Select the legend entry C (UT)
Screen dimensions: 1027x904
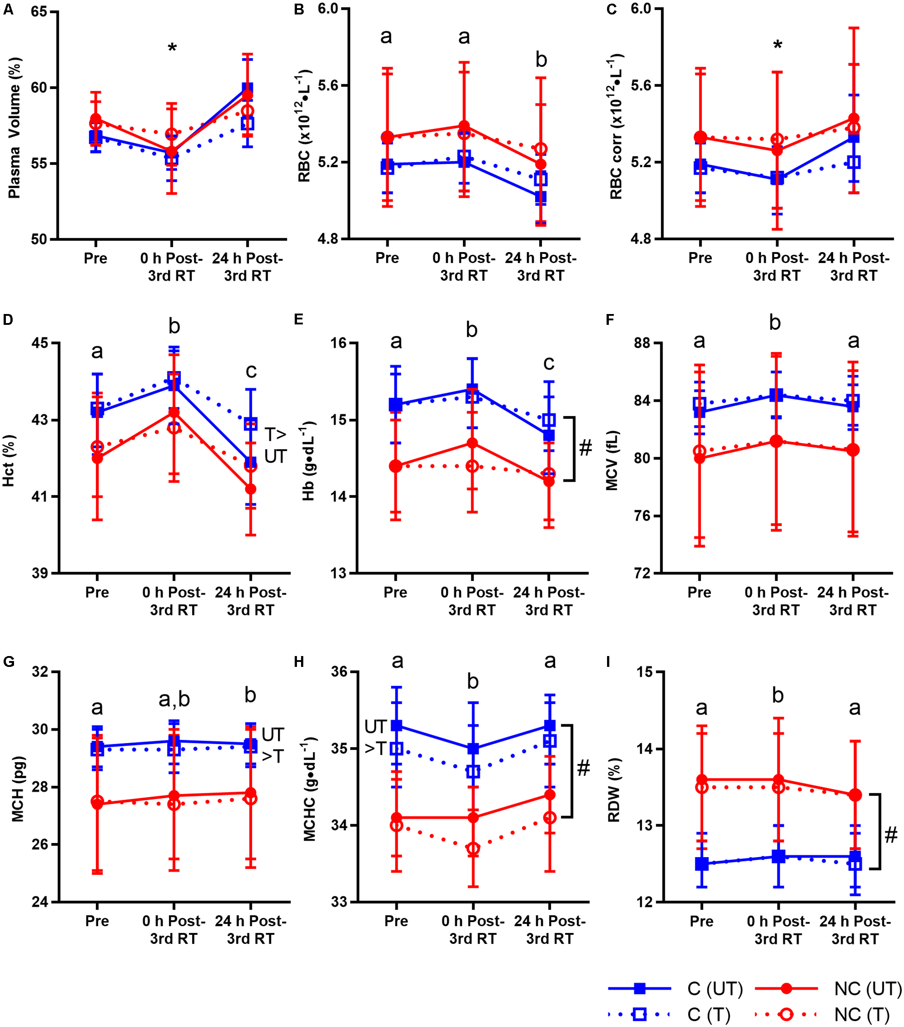pyautogui.click(x=714, y=989)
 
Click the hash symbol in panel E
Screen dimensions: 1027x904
pyautogui.click(x=585, y=447)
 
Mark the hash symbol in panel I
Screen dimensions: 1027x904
pyautogui.click(x=890, y=835)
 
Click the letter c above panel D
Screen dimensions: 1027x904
pyautogui.click(x=251, y=371)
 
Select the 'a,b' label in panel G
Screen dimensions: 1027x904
pyautogui.click(x=174, y=699)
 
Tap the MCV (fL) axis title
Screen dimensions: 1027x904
pyautogui.click(x=612, y=460)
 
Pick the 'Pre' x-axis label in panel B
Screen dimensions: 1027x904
pyautogui.click(x=387, y=258)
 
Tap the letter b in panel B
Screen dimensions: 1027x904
pyautogui.click(x=541, y=60)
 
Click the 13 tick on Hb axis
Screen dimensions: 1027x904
pyautogui.click(x=340, y=573)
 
